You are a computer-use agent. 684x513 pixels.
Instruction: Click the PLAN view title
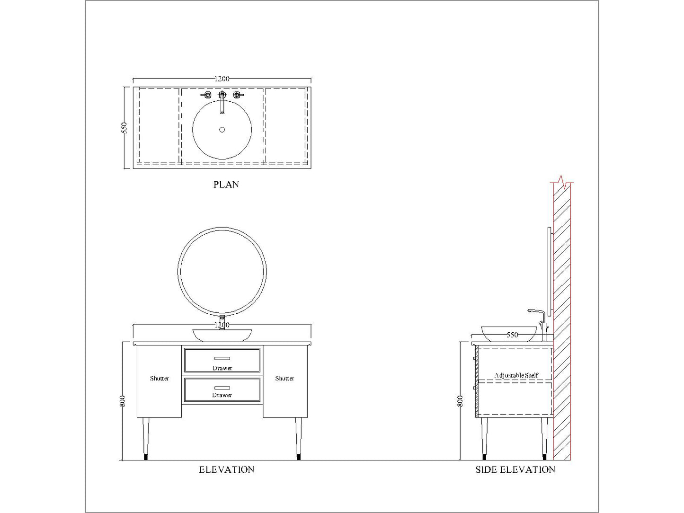pos(226,185)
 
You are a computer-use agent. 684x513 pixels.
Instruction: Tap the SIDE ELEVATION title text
pos(515,469)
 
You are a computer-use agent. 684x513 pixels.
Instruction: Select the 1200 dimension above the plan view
pos(222,79)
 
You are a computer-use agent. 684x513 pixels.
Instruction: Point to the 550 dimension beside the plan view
pos(124,128)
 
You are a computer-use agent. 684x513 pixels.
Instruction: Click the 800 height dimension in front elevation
pos(122,401)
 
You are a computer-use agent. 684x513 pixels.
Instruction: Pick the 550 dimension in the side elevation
pos(512,335)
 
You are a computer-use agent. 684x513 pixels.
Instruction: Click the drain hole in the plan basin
pos(222,130)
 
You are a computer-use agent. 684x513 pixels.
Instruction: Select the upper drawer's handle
pos(222,358)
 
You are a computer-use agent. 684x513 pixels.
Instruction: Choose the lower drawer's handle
pos(222,388)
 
